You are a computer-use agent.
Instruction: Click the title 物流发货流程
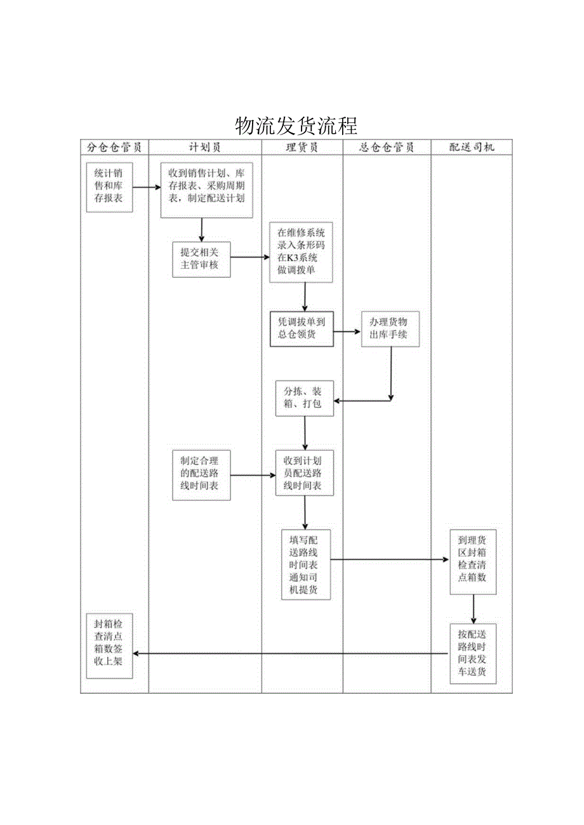(x=296, y=126)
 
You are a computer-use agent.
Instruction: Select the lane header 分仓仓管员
(x=114, y=147)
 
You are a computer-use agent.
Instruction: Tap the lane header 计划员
(x=205, y=147)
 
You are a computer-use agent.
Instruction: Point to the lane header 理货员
(x=302, y=147)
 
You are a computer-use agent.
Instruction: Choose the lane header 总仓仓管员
(x=387, y=147)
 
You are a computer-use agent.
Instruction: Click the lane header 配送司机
(x=472, y=147)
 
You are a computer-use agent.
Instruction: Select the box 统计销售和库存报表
(x=110, y=187)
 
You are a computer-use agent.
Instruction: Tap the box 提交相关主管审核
(x=201, y=259)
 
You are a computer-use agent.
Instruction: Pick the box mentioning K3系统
(x=305, y=252)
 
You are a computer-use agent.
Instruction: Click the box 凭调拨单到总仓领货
(x=302, y=328)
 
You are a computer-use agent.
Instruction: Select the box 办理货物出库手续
(x=391, y=328)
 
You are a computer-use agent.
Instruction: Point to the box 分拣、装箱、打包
(x=305, y=398)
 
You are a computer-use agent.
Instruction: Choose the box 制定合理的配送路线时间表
(x=201, y=474)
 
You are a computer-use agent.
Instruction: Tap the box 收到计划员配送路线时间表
(x=305, y=473)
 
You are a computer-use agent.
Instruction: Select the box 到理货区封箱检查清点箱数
(x=473, y=562)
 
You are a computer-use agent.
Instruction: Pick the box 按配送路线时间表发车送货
(x=473, y=654)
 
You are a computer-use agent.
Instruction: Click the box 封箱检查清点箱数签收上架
(x=110, y=646)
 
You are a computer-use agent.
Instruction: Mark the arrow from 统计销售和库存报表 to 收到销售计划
(x=146, y=188)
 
